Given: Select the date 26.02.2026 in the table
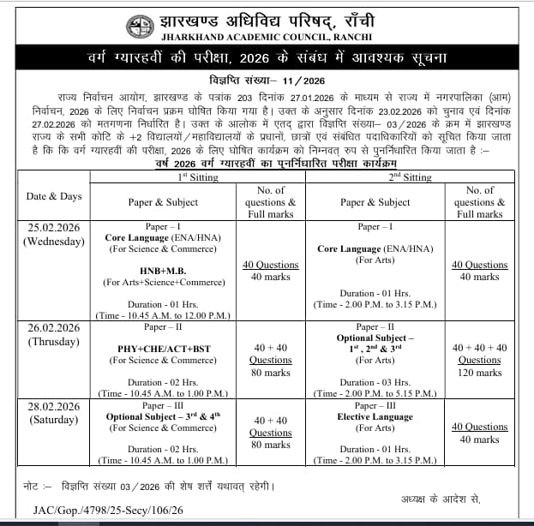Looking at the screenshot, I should [x=53, y=327].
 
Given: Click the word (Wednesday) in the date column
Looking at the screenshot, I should [x=53, y=241].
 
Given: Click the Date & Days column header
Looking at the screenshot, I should [x=53, y=196].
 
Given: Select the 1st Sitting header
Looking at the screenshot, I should [x=197, y=176].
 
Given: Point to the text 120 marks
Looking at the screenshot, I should [x=479, y=373].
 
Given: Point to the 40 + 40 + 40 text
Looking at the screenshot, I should [x=479, y=348].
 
